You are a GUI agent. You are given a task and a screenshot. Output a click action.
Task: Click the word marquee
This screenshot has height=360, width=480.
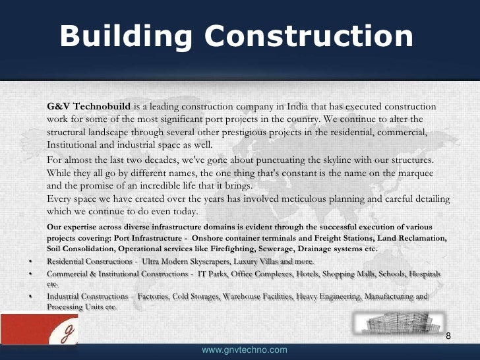(x=413, y=173)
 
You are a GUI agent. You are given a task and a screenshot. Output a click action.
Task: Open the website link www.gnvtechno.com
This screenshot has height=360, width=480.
(x=244, y=349)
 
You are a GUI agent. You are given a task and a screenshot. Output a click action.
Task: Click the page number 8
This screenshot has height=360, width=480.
(x=449, y=337)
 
